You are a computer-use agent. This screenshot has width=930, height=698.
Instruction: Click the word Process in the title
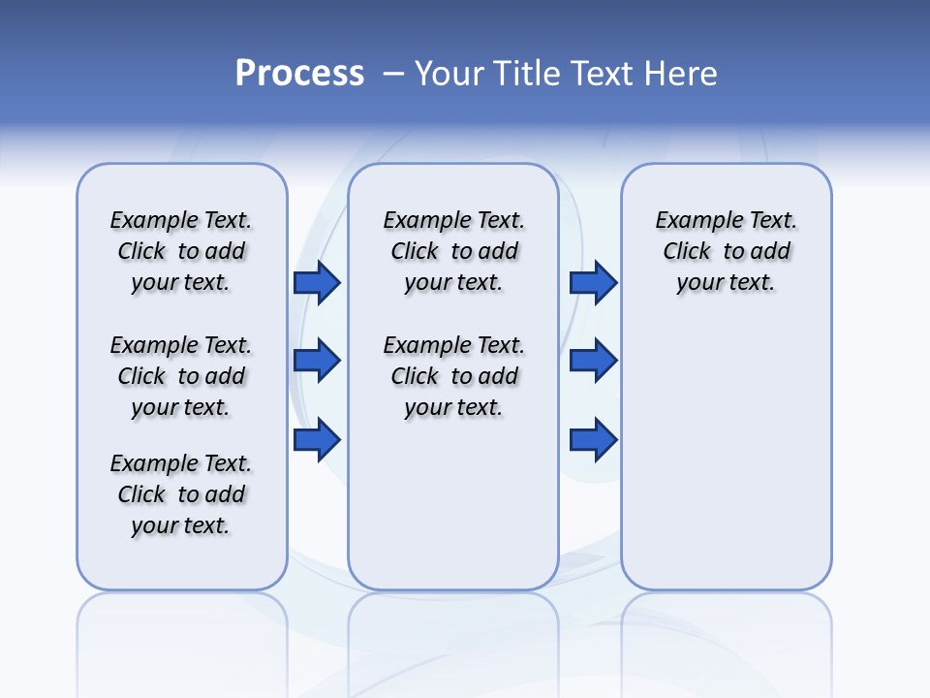[299, 73]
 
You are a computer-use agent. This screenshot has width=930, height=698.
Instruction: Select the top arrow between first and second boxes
[317, 282]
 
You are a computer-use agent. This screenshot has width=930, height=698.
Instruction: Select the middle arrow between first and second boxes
[317, 361]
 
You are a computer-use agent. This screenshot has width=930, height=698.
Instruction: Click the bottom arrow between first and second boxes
[317, 440]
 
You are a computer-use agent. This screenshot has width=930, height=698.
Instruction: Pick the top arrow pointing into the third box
[593, 282]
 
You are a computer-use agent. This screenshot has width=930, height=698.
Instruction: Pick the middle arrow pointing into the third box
[593, 361]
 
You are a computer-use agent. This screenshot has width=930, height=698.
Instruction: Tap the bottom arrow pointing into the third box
[593, 440]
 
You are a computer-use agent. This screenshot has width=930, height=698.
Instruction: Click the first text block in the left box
[181, 251]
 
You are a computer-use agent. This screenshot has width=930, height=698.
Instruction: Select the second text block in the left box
[181, 376]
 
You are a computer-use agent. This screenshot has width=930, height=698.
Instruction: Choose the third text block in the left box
[181, 494]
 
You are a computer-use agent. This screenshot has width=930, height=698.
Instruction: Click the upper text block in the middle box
[453, 251]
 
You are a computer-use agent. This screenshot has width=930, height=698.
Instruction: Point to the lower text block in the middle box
[453, 376]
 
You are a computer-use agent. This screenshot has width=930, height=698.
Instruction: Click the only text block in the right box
[726, 251]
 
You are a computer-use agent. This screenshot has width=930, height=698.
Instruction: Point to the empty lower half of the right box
[726, 465]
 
